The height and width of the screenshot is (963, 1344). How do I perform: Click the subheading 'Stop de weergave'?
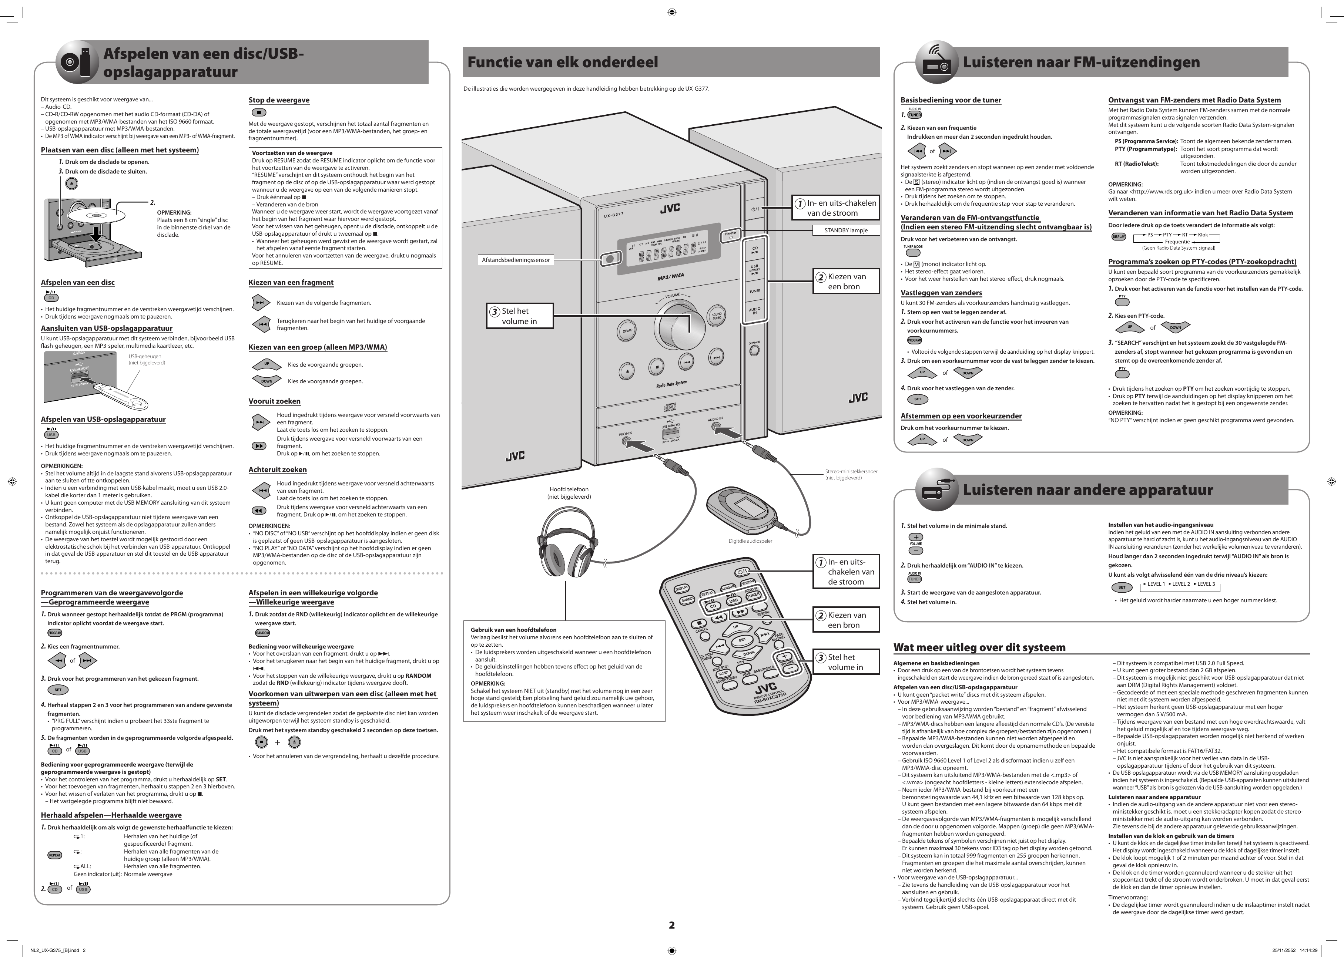[278, 100]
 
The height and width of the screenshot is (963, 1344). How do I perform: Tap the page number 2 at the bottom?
[671, 925]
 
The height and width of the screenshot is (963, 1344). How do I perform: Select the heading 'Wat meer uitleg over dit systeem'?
[979, 647]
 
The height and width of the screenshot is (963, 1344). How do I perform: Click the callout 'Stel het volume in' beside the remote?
[845, 662]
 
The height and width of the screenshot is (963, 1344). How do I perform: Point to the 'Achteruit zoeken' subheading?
[277, 469]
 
